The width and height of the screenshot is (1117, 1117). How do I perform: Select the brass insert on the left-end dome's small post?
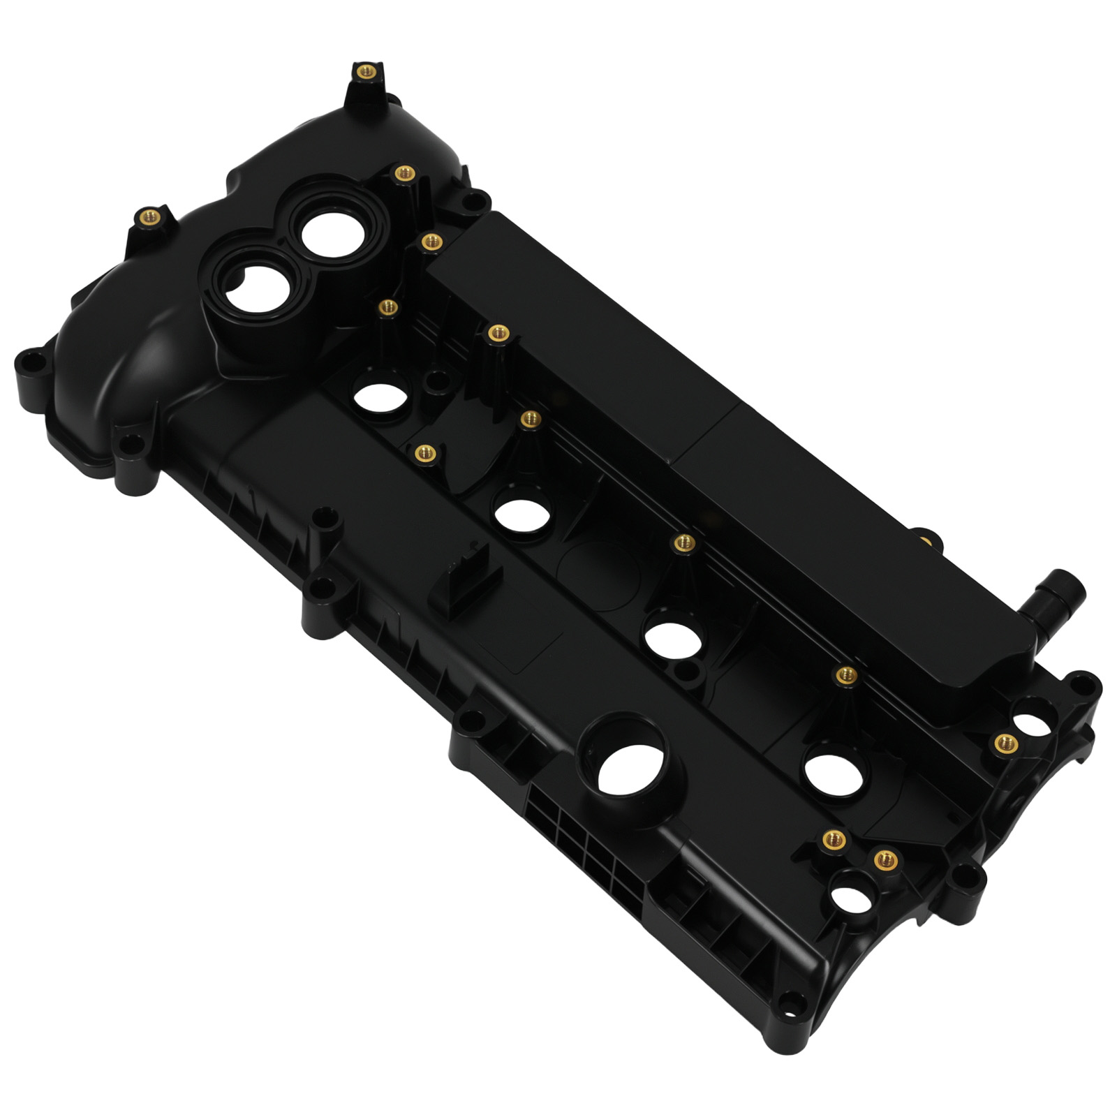coord(147,216)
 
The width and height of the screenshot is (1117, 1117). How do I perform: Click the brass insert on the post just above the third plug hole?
coord(685,542)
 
